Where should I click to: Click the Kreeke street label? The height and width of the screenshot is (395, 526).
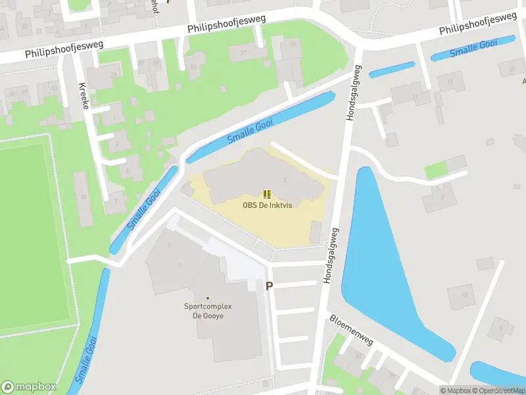[x=84, y=96]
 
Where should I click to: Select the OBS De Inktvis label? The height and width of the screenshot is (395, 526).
[x=267, y=205]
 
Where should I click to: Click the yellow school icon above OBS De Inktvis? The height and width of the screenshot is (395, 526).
[x=267, y=194]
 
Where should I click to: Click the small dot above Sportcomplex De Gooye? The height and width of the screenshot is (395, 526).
[x=208, y=298]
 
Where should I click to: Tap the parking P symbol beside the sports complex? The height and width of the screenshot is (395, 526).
[x=269, y=286]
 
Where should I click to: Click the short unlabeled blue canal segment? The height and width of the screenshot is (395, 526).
[x=392, y=70]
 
